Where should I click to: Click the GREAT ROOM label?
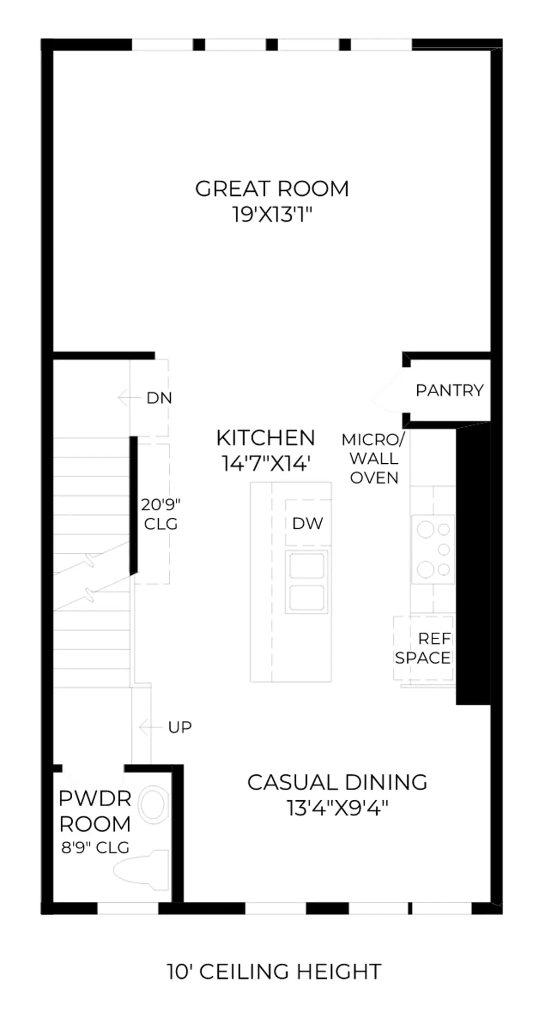tap(272, 188)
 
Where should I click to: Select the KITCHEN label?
tap(265, 438)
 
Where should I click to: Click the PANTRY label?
tap(449, 390)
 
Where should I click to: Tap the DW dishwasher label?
tap(307, 523)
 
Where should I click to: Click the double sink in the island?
tap(307, 581)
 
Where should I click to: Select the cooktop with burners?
tap(433, 549)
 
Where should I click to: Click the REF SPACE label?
tap(423, 648)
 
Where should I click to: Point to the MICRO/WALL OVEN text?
tap(373, 458)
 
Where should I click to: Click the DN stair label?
tap(159, 398)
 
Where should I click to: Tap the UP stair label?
tap(180, 727)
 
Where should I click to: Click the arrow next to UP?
tap(151, 726)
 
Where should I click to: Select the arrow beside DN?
tap(129, 398)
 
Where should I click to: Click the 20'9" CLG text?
tap(161, 514)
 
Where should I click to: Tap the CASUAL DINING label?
tap(337, 782)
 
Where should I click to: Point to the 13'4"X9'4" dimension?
tap(337, 808)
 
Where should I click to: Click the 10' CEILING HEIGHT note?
tap(274, 971)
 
